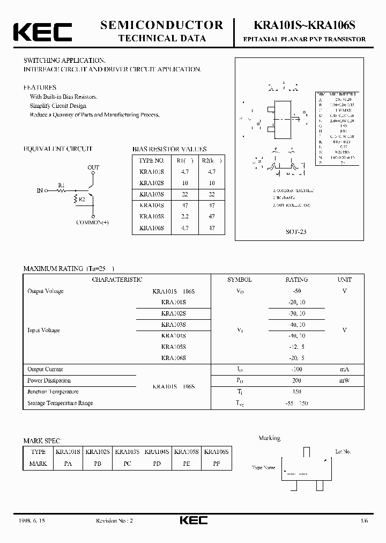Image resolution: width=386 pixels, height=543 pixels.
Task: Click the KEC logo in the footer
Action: [x=192, y=520]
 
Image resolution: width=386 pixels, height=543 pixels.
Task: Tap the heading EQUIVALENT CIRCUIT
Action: [x=57, y=149]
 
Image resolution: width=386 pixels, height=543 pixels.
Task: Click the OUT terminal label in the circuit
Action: [x=93, y=167]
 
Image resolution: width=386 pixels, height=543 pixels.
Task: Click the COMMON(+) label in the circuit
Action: [x=92, y=222]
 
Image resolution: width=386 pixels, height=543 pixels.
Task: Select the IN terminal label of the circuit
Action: [x=40, y=190]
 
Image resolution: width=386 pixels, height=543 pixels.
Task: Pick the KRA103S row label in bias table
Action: [x=152, y=194]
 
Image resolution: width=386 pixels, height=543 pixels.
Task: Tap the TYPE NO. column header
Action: [x=152, y=160]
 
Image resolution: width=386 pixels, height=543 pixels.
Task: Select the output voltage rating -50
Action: [x=296, y=291]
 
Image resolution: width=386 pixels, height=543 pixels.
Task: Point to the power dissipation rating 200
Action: [x=296, y=380]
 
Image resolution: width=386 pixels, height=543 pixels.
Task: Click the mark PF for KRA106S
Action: [x=217, y=463]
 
